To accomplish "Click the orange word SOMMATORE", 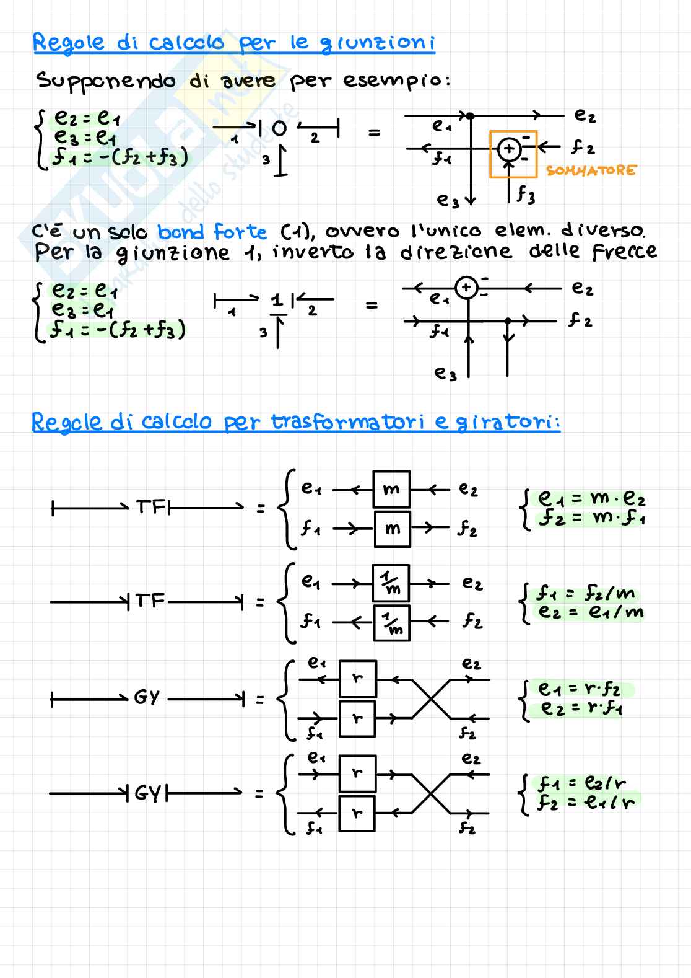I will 591,170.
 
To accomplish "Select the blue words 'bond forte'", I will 212,232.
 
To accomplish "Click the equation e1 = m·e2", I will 591,499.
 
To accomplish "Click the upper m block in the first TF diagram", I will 391,490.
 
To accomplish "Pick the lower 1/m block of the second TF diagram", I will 391,623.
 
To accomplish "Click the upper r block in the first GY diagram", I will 357,679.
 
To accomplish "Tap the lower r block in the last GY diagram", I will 357,813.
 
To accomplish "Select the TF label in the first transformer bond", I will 150,508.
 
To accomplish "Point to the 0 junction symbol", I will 279,129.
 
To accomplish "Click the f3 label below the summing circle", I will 526,196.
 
